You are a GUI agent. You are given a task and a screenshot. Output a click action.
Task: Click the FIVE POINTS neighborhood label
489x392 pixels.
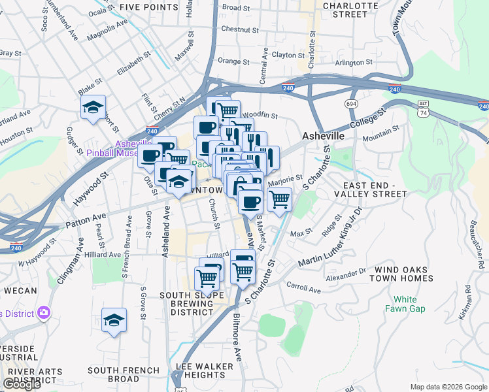click(148, 7)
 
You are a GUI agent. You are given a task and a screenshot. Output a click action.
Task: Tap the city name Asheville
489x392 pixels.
click(323, 135)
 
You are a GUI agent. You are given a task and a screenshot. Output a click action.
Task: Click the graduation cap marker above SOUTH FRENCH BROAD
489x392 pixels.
click(114, 320)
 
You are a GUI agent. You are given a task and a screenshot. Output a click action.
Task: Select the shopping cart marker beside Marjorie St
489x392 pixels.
click(279, 199)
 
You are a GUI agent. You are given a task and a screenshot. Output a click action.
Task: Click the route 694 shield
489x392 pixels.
click(352, 104)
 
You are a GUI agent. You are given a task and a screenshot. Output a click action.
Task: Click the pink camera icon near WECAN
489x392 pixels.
click(43, 313)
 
